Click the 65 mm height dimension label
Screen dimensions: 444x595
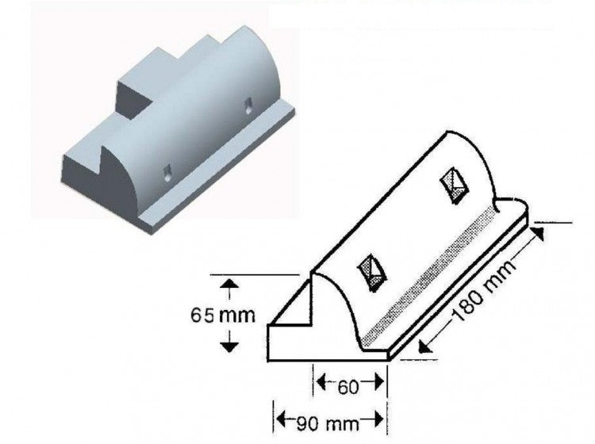pyautogui.click(x=223, y=316)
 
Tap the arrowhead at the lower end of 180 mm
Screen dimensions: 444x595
pyautogui.click(x=422, y=346)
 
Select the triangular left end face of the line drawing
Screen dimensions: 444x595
pyautogui.click(x=290, y=310)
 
